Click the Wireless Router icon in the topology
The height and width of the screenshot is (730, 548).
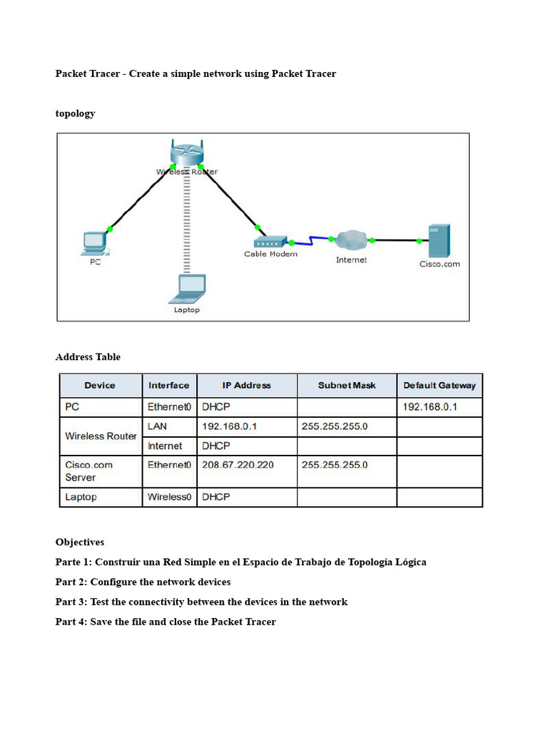[x=187, y=153]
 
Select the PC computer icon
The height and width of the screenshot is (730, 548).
[x=95, y=242]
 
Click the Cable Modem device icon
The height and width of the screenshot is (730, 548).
[x=270, y=241]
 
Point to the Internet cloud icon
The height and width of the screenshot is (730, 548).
[x=350, y=241]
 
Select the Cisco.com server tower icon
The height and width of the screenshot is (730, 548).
[x=438, y=241]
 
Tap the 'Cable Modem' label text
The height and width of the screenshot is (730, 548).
[x=270, y=254]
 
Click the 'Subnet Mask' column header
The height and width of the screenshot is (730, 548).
[x=347, y=386]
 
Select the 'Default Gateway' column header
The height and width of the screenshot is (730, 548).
[x=439, y=386]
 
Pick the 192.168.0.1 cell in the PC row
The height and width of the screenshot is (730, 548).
[x=430, y=407]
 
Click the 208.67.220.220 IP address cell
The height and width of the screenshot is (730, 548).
[x=238, y=465]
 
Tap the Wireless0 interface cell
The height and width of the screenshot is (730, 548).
[x=169, y=497]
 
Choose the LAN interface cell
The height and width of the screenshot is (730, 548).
[x=158, y=426]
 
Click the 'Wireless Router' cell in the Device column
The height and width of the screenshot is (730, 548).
[x=101, y=436]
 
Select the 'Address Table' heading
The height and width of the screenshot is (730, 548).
[x=88, y=357]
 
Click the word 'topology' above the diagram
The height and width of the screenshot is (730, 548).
[x=75, y=113]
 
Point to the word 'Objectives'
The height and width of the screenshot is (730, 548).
[x=80, y=543]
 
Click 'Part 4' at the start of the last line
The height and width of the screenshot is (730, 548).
[x=70, y=622]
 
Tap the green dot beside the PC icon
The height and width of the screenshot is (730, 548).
[x=109, y=229]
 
